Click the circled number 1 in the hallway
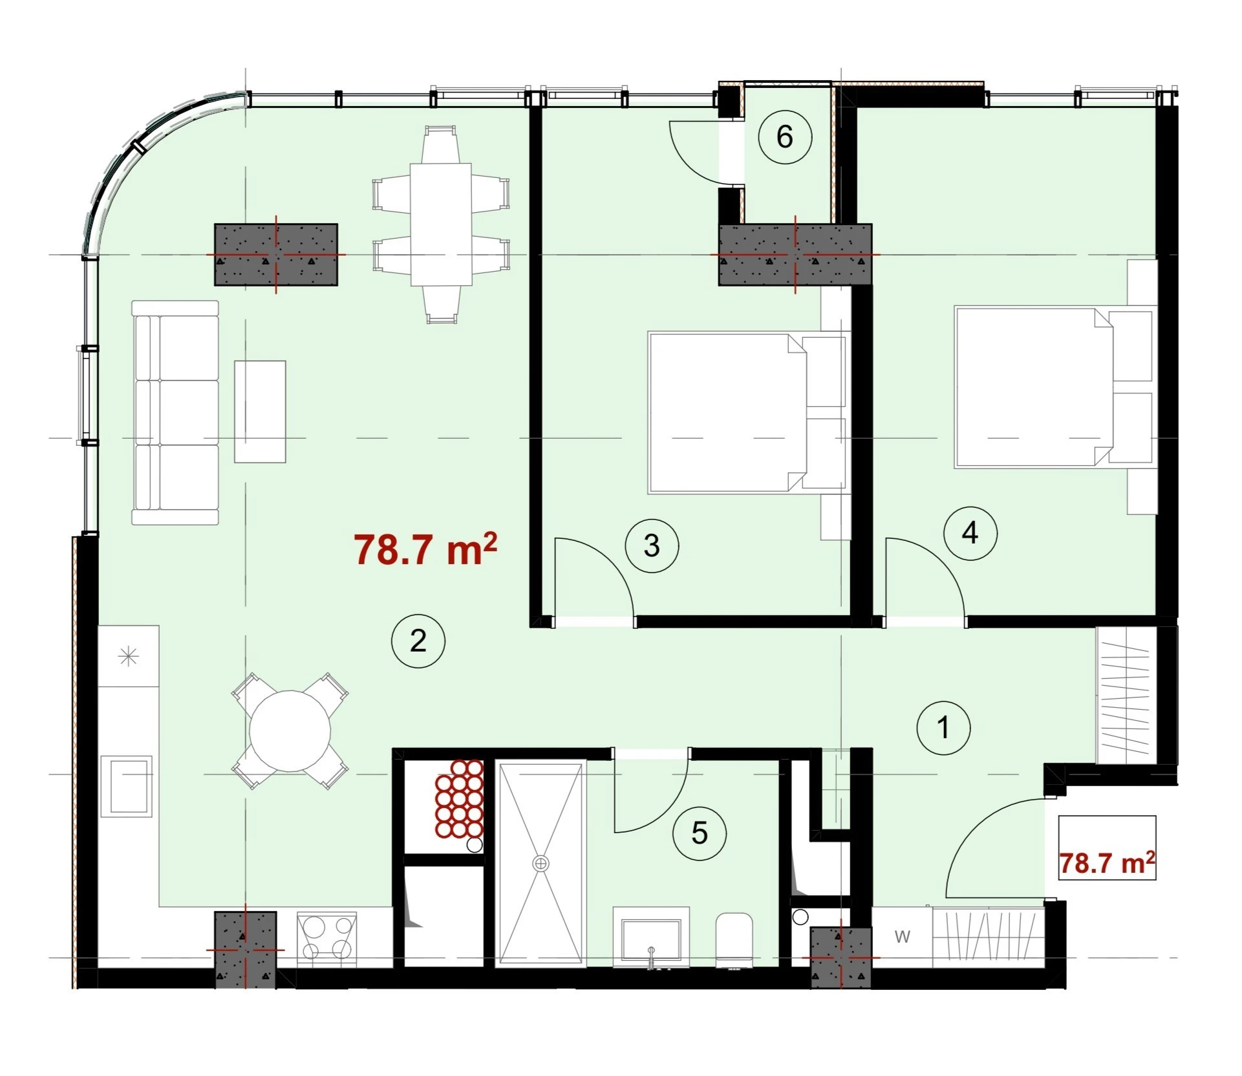[943, 727]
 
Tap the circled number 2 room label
[418, 641]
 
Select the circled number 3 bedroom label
[652, 545]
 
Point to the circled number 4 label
[970, 533]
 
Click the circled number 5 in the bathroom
[700, 833]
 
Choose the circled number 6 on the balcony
[784, 137]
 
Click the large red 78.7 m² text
[425, 550]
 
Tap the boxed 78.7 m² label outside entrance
[1107, 863]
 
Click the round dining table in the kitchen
[290, 731]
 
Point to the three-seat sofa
[175, 412]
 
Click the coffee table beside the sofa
[260, 412]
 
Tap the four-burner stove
[327, 939]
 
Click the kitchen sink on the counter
[131, 786]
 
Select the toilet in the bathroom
[734, 940]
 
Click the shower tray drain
[540, 863]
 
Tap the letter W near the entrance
[902, 936]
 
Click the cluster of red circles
[459, 798]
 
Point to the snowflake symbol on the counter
[130, 657]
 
